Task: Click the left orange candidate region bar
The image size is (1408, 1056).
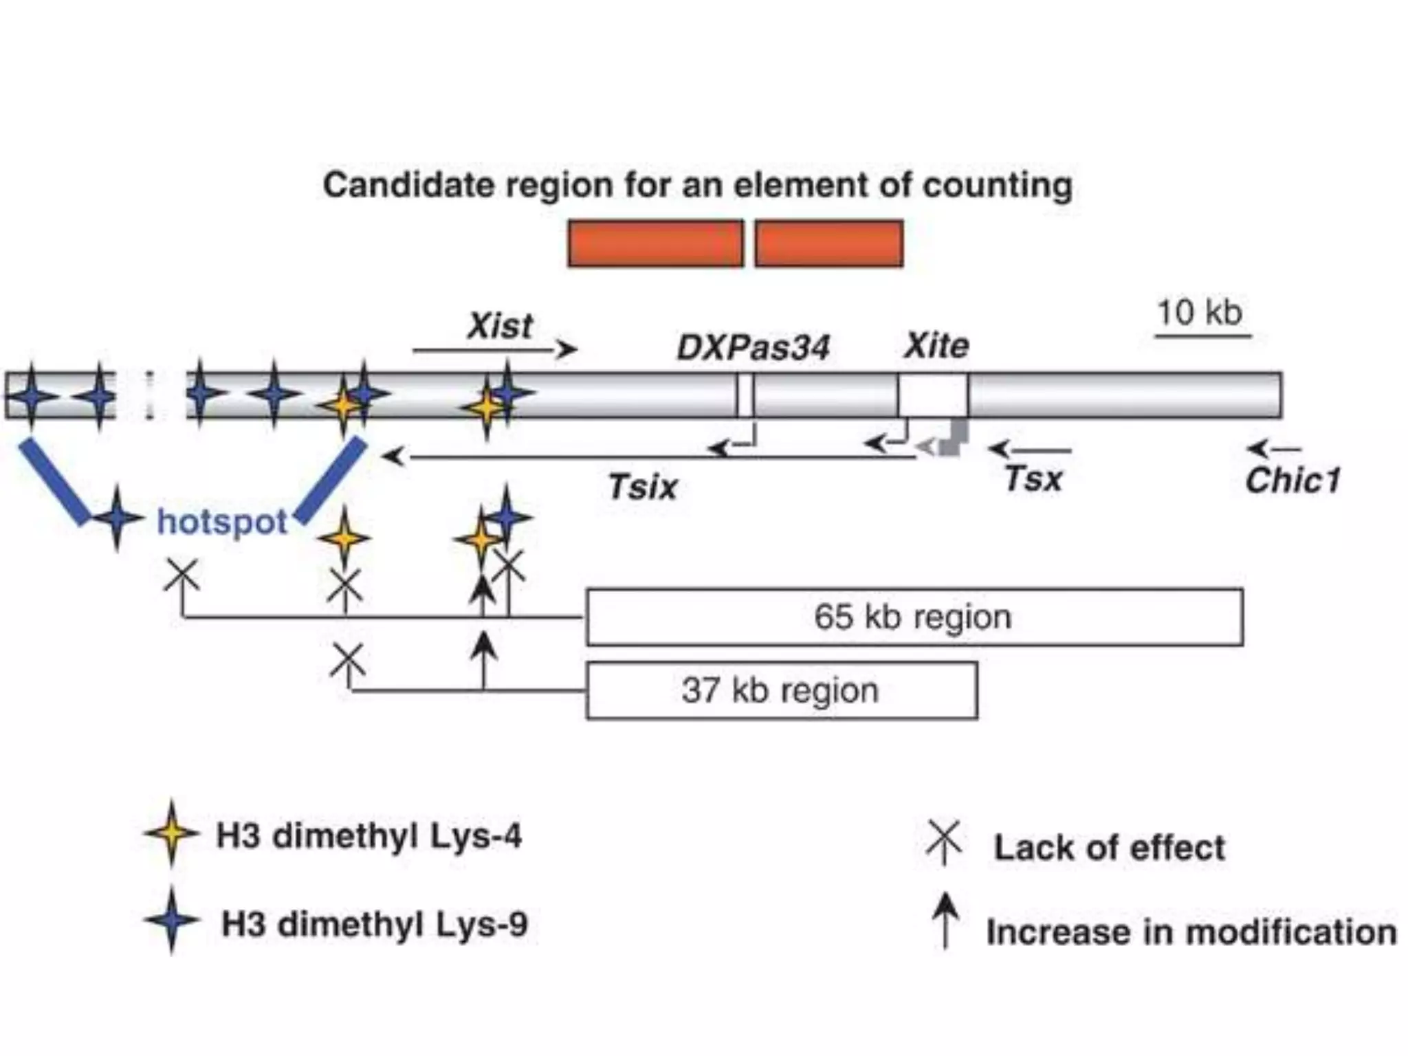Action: click(656, 243)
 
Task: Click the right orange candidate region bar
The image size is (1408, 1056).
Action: click(829, 243)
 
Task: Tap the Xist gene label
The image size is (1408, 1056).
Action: click(500, 326)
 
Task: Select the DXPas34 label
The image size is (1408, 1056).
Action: click(753, 348)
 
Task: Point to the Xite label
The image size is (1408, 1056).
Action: click(936, 346)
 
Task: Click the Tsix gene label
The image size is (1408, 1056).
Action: click(643, 487)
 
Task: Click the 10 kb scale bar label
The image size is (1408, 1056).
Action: click(1200, 313)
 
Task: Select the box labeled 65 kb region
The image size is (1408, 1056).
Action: click(914, 617)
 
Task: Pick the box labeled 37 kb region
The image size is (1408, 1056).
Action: click(781, 690)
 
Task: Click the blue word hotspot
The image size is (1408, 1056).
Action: click(222, 522)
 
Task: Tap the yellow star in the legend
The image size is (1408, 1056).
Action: click(171, 833)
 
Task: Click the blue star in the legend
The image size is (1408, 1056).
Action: click(171, 921)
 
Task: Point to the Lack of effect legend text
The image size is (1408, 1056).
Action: click(1109, 848)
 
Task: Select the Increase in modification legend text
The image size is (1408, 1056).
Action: click(1191, 933)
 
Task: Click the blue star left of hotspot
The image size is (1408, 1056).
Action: click(118, 518)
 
